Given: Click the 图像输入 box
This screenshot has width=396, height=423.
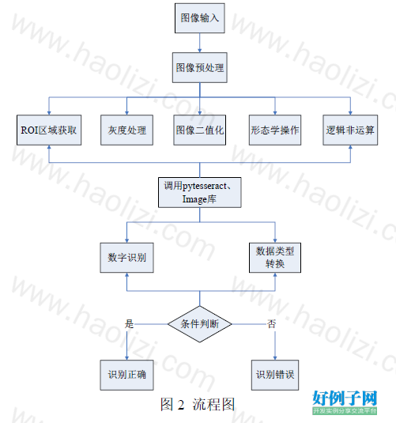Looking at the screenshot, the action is click(x=200, y=18).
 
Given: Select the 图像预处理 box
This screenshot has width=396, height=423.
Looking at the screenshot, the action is click(x=200, y=67).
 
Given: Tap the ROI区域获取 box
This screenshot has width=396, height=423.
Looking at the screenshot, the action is click(x=49, y=130).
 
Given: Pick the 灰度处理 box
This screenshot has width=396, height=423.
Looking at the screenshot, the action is click(x=126, y=130).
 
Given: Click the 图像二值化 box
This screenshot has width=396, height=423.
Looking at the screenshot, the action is click(x=200, y=130).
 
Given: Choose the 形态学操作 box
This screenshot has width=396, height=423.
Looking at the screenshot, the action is click(x=275, y=130).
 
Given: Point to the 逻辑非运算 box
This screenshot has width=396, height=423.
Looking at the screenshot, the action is click(x=350, y=130).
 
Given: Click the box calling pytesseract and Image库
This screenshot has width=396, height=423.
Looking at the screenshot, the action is click(x=200, y=192).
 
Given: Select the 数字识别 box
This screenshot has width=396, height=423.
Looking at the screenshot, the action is click(x=126, y=258).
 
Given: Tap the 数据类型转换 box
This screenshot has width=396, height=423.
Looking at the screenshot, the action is click(x=275, y=258).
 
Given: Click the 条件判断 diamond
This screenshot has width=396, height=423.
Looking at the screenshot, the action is click(x=200, y=324).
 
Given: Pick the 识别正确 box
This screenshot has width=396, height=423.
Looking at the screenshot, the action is click(x=126, y=375).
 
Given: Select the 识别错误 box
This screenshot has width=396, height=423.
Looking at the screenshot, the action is click(x=275, y=375).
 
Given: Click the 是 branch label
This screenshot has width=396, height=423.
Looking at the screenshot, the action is click(x=129, y=323).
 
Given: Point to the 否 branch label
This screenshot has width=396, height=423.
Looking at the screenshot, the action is click(x=271, y=323).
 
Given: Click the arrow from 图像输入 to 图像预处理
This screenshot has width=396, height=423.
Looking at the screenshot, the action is click(x=200, y=43).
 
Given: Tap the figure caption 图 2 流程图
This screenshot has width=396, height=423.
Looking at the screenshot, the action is click(x=198, y=404).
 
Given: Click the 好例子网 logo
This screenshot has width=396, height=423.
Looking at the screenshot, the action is click(x=345, y=402).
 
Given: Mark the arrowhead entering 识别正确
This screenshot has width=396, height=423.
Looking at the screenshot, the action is click(x=126, y=358).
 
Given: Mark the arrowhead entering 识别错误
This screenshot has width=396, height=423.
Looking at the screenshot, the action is click(x=275, y=358).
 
